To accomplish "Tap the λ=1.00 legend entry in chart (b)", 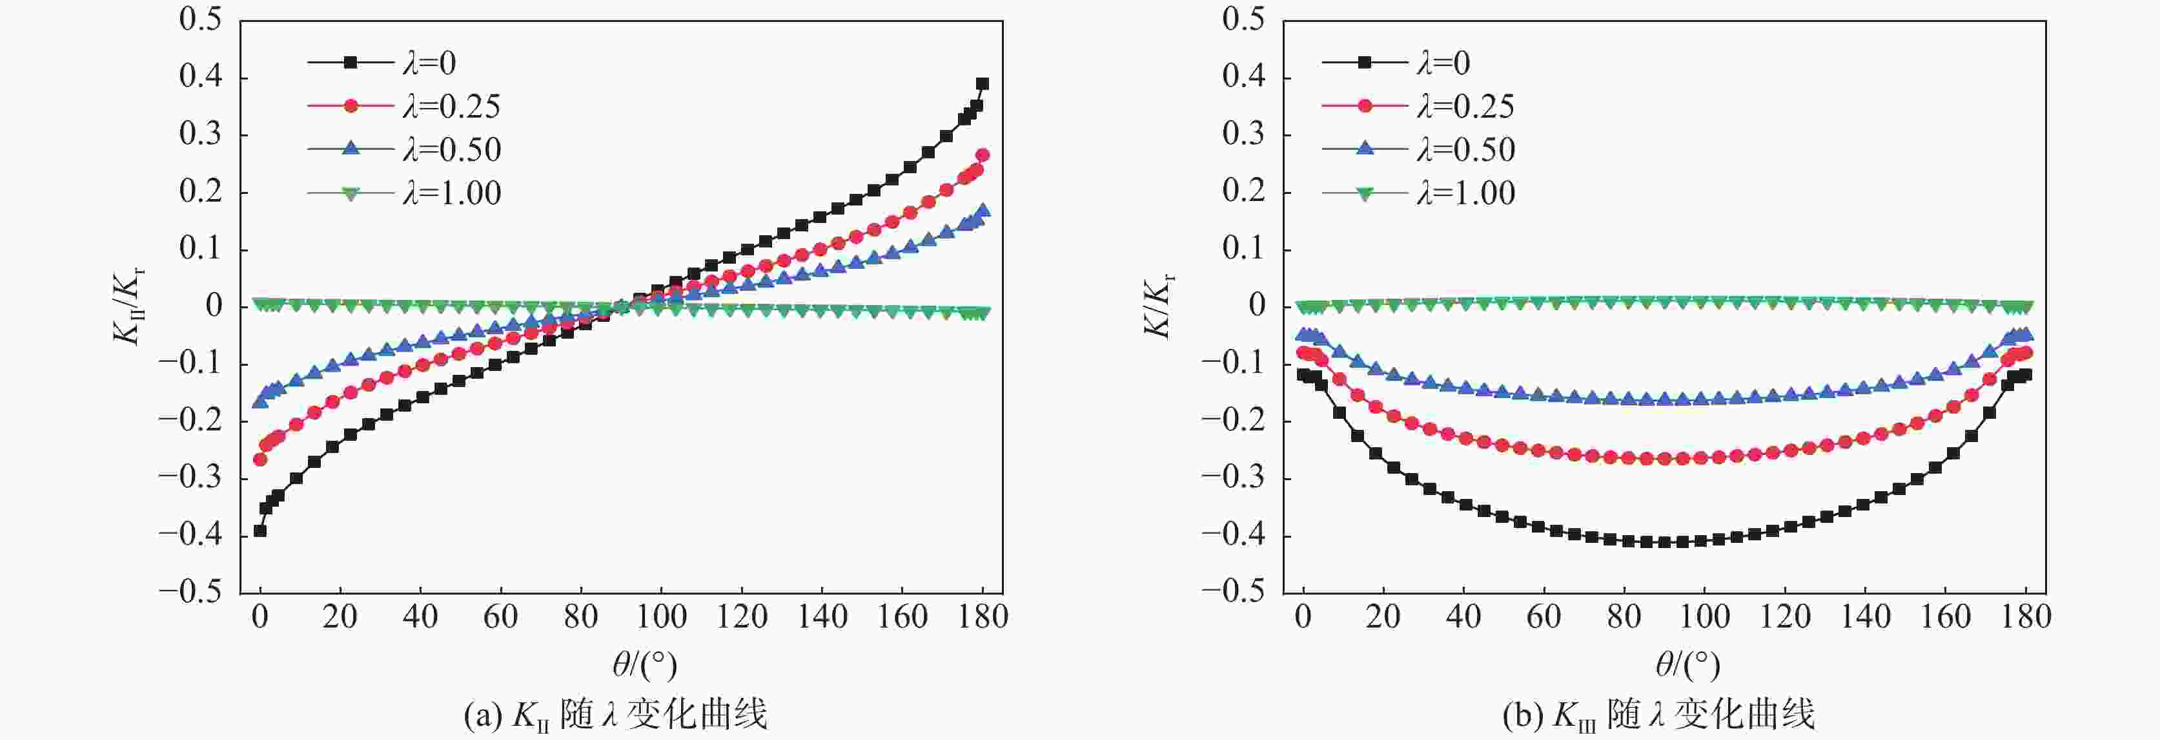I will coord(1418,193).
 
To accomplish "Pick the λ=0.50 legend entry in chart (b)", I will coord(1418,149).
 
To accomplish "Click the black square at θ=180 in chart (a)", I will coord(982,84).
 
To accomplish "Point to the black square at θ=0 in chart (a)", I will coord(260,530).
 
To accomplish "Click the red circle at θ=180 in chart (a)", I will coord(983,155).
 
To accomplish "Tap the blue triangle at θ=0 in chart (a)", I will coord(260,402).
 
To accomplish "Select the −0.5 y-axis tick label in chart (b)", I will coord(1232,591).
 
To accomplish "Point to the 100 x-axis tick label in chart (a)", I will coord(662,617).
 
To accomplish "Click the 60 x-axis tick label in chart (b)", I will coord(1544,617).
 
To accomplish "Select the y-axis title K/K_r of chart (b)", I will coord(1159,306).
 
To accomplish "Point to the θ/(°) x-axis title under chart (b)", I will coord(1687,665).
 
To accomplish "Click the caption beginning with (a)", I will coord(615,715).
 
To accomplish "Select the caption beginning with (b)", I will coord(1658,715).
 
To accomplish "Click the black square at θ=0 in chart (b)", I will coord(1303,375).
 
